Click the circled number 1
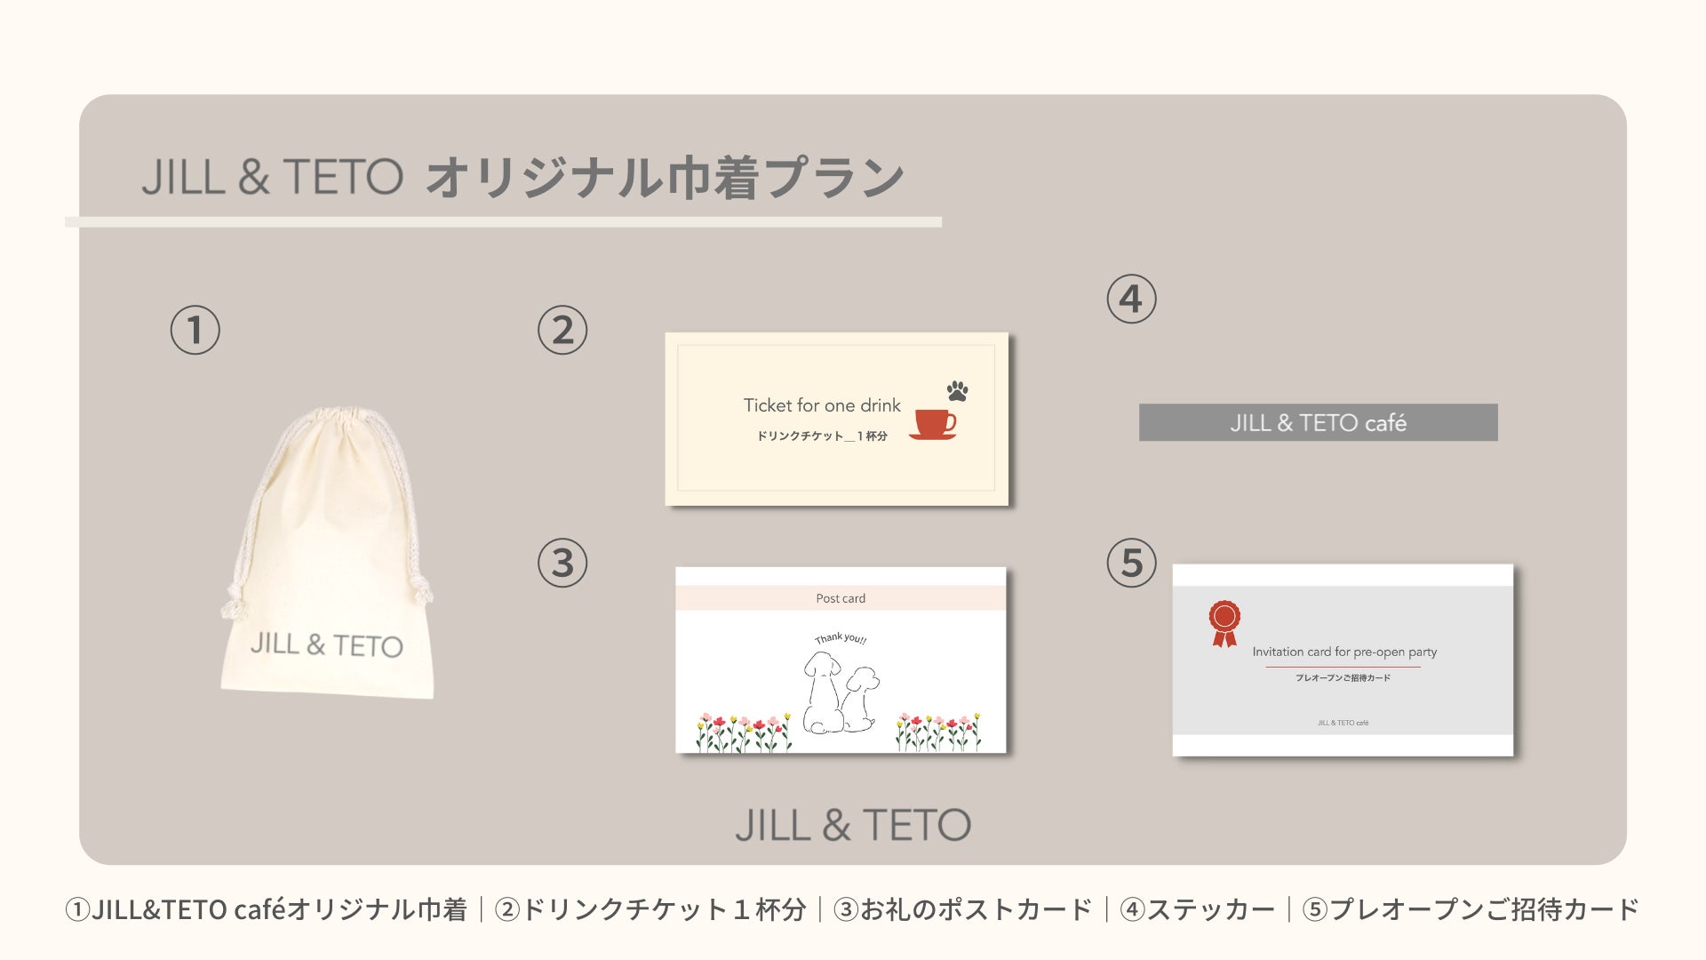click(x=195, y=331)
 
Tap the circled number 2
click(x=562, y=331)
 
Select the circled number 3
click(x=562, y=563)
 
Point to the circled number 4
click(x=1131, y=299)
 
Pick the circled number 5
click(x=1131, y=563)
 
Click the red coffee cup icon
click(x=934, y=424)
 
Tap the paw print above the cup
click(x=957, y=390)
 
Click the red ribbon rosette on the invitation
click(x=1224, y=623)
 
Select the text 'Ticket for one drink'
click(x=822, y=405)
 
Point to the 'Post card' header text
click(x=841, y=598)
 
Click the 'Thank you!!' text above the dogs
click(x=841, y=638)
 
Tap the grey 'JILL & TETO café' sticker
click(x=1319, y=422)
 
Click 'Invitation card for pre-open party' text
click(x=1344, y=652)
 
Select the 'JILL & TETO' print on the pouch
click(x=326, y=644)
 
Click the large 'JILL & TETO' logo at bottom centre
click(x=853, y=825)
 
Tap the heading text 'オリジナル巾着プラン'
click(x=665, y=177)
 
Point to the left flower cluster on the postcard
click(x=744, y=732)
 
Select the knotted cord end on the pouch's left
click(x=235, y=600)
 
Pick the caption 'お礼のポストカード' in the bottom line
click(x=976, y=909)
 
